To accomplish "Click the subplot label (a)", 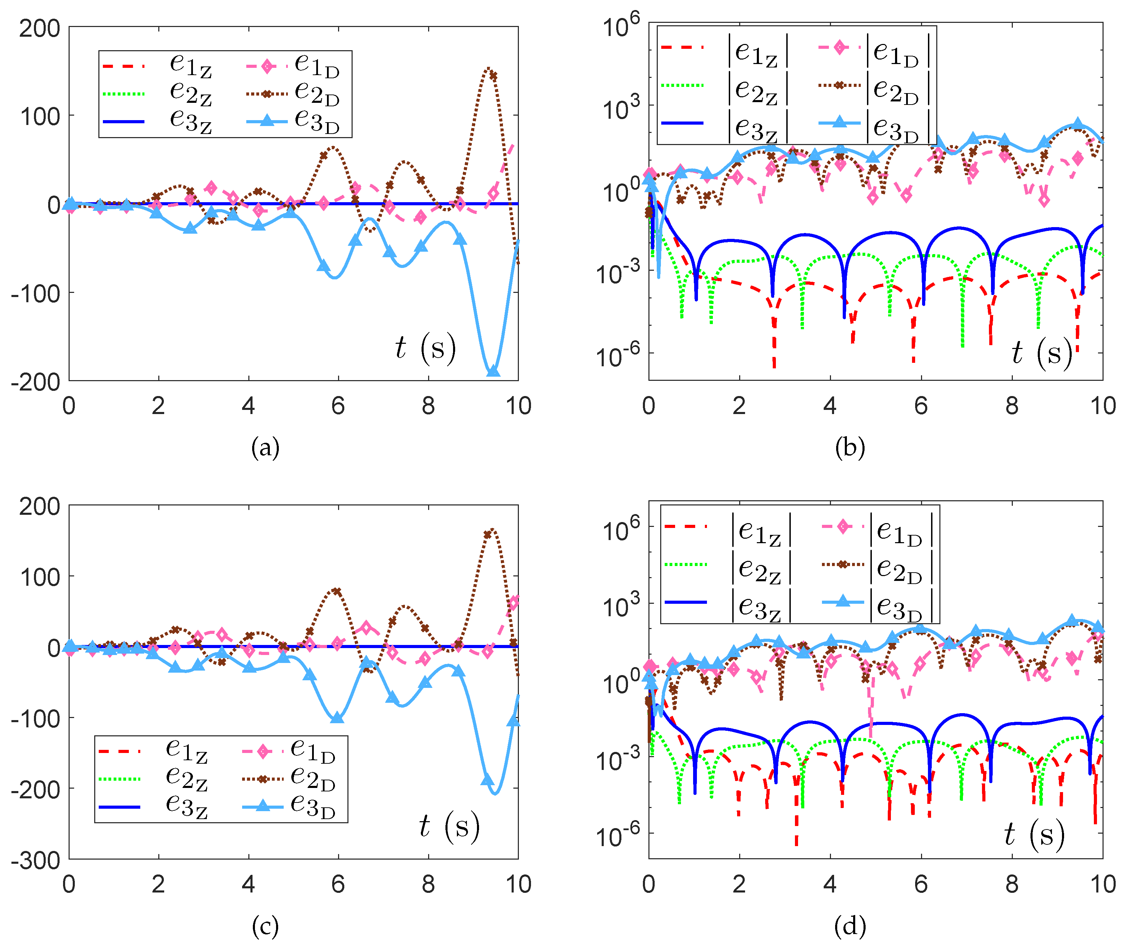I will [265, 448].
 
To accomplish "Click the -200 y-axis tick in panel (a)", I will [36, 382].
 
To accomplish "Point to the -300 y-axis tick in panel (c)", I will [36, 860].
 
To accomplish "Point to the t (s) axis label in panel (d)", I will [1034, 834].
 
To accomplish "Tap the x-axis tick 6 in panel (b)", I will [921, 405].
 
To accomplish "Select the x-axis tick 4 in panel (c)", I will [248, 884].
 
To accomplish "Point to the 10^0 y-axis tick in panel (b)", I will [620, 189].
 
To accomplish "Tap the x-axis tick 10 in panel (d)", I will [1103, 884].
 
